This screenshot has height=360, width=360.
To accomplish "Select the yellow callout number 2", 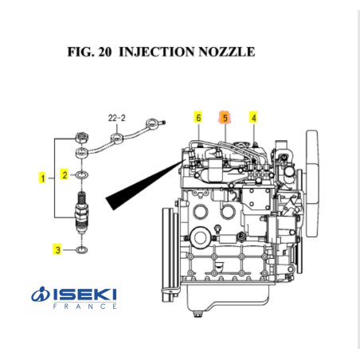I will (65, 174).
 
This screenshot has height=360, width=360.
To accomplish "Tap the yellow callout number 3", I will (57, 250).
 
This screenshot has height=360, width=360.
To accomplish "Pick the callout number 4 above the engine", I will (253, 118).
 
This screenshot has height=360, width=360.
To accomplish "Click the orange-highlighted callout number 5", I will (225, 118).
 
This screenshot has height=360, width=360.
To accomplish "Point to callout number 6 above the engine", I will (198, 118).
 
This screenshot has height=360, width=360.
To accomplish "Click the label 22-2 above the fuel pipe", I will (116, 117).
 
